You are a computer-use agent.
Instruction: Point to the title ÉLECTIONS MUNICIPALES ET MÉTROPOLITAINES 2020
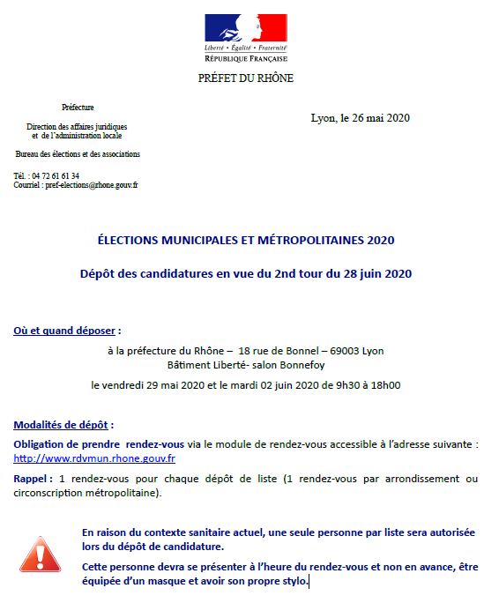tap(245, 240)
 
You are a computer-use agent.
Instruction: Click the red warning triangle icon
tap(38, 554)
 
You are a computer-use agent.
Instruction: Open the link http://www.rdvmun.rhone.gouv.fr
tap(94, 458)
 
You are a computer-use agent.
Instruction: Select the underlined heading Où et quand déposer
tap(64, 331)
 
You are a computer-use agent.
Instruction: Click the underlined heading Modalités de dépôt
tap(63, 424)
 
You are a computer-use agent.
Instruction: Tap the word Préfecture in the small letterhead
tap(78, 107)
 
